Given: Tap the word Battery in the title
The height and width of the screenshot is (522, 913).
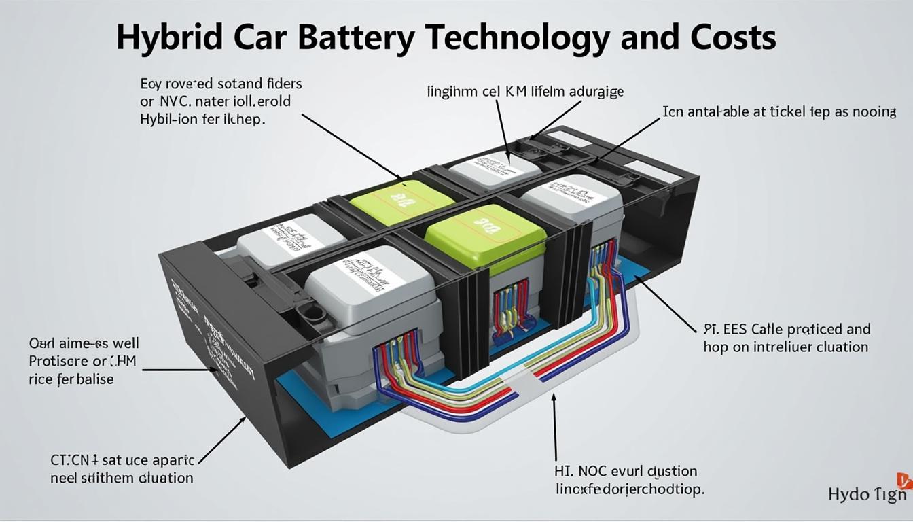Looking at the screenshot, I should click(x=356, y=38).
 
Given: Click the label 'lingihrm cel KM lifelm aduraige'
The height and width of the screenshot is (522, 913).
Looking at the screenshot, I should click(x=524, y=91).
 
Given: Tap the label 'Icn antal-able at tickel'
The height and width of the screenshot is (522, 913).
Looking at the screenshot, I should click(x=778, y=111).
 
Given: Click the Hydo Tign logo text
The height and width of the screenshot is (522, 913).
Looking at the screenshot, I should click(x=867, y=494).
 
